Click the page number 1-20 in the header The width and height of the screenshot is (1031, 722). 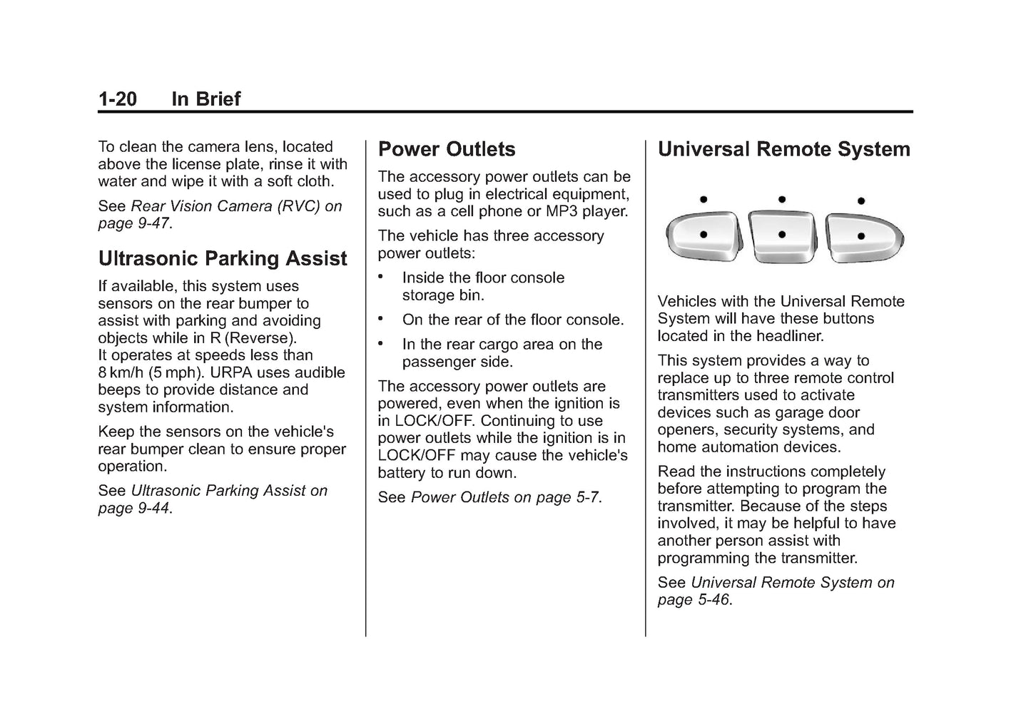point(118,98)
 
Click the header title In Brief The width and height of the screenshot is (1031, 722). point(206,98)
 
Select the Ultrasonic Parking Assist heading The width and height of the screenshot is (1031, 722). point(223,258)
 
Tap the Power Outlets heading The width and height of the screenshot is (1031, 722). point(447,149)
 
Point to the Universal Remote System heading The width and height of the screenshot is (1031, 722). point(783,149)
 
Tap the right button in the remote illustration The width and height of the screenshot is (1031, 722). point(861,236)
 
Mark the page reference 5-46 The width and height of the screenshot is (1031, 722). point(713,599)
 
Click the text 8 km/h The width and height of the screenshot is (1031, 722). point(120,372)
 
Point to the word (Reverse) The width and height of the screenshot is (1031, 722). point(260,337)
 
